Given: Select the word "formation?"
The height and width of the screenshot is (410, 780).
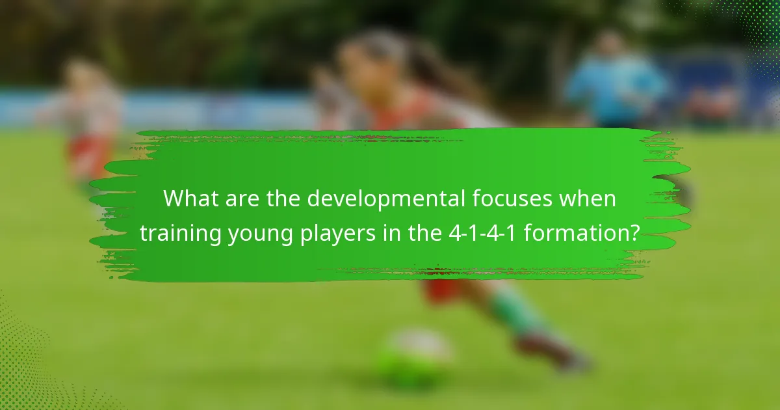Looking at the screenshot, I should [582, 232].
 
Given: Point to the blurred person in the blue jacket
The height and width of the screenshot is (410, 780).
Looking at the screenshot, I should [614, 81].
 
